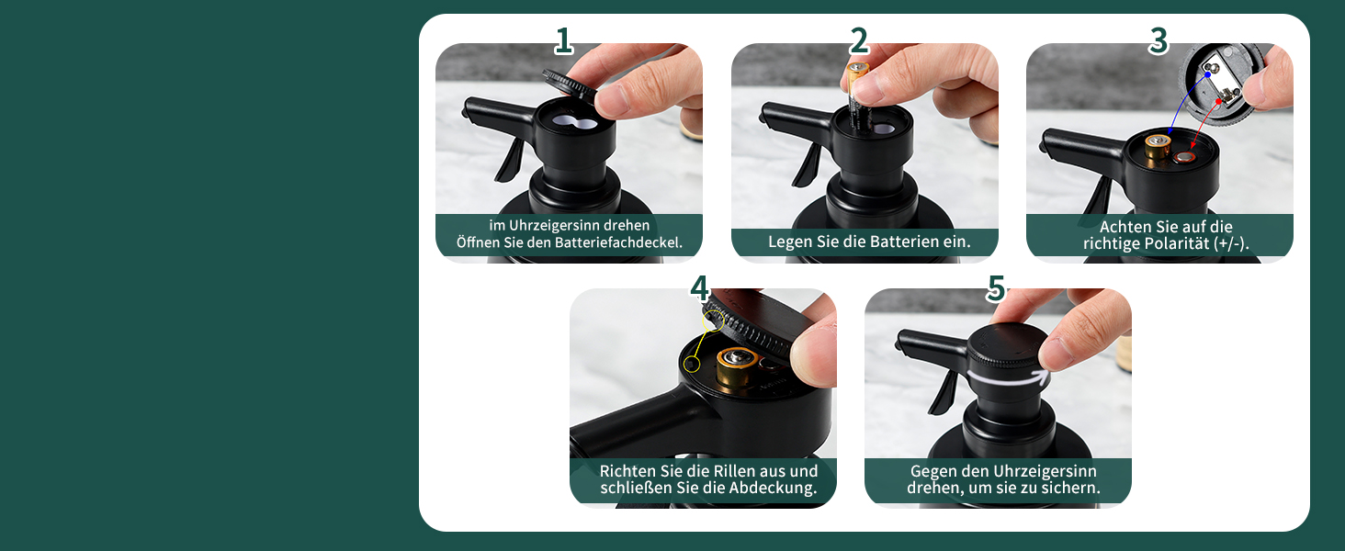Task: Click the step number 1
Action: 563,40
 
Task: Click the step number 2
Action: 859,40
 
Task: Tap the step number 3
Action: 1159,40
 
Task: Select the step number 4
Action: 699,287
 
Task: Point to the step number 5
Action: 996,287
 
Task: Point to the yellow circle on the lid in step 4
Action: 713,321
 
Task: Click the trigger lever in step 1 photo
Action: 509,158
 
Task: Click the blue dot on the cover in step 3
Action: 1207,75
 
